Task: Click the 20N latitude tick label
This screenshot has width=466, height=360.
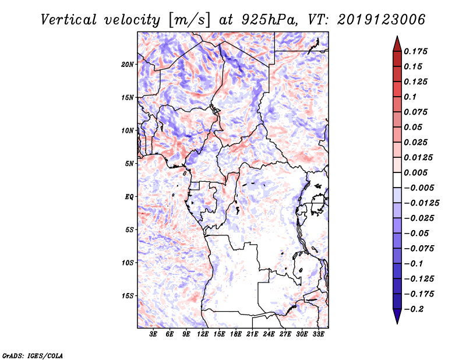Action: point(128,64)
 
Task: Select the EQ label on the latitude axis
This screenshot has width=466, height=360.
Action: point(129,196)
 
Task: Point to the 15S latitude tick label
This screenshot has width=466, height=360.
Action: point(128,296)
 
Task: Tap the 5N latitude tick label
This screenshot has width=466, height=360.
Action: point(129,164)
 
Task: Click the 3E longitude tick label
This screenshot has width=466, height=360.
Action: point(154,334)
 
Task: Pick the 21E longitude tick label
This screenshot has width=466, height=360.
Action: point(253,334)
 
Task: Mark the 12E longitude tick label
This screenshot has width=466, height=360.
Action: point(203,334)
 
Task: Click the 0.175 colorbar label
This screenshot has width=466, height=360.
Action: point(416,51)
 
